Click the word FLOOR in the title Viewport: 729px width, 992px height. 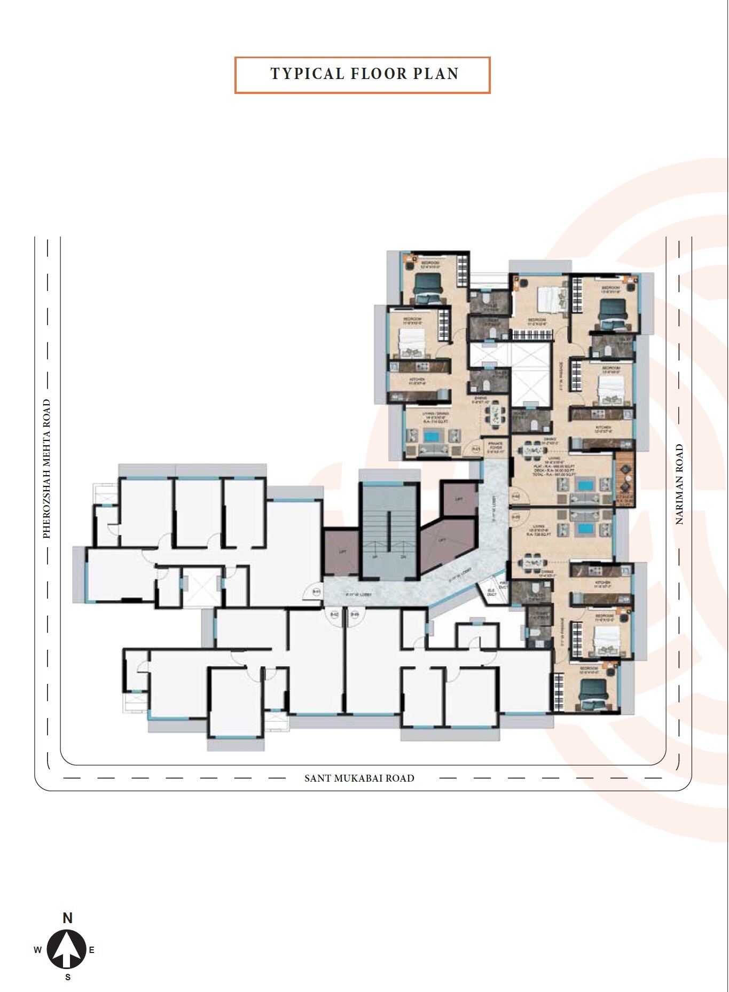[x=378, y=74]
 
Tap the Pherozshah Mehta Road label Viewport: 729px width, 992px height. [x=47, y=469]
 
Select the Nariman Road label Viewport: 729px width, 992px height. [x=679, y=484]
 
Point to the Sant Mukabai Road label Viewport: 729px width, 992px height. [x=359, y=778]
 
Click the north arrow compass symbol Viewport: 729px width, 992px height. [x=67, y=950]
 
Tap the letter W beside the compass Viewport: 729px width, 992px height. [x=37, y=950]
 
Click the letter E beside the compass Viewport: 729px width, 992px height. [x=92, y=950]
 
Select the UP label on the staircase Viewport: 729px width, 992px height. [x=375, y=557]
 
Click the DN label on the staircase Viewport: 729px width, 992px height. [x=404, y=557]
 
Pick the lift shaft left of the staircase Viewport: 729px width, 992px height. [x=342, y=552]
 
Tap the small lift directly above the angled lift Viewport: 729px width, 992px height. [x=458, y=498]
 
